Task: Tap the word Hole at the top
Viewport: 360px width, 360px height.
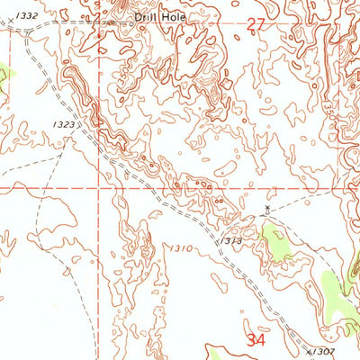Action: click(168, 16)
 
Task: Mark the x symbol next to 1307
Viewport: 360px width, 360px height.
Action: click(310, 351)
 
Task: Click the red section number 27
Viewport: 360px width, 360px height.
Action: click(257, 29)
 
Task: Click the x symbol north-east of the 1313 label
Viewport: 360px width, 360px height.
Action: click(266, 209)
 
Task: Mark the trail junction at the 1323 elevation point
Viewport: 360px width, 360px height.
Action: click(62, 153)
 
